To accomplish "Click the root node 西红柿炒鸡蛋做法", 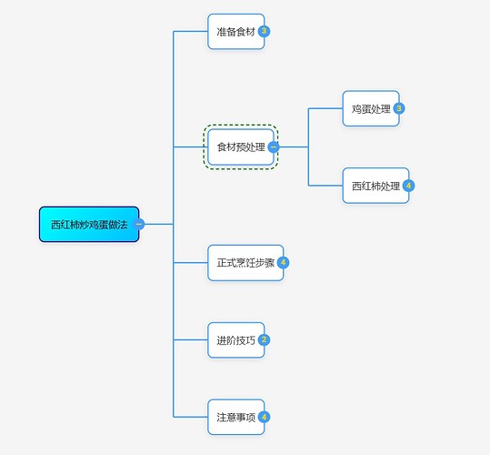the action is click(x=89, y=224).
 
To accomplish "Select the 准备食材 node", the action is click(x=236, y=31).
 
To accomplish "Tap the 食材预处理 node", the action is click(x=241, y=147).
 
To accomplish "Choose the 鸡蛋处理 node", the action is click(x=371, y=108).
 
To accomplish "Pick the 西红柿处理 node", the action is click(x=375, y=186).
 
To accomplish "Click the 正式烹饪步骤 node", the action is click(x=245, y=263).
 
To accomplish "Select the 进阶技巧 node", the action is click(x=236, y=340).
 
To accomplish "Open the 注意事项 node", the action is click(x=236, y=417).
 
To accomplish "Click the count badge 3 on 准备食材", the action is click(x=265, y=31).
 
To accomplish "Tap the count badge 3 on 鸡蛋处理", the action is click(x=399, y=108).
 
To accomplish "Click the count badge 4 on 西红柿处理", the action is click(x=409, y=186).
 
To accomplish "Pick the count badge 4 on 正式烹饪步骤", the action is click(x=284, y=263).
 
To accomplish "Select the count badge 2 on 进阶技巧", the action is click(x=265, y=340).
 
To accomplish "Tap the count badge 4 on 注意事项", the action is click(x=265, y=417).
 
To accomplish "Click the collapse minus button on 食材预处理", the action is click(x=274, y=147).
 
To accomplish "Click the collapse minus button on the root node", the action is click(x=139, y=224).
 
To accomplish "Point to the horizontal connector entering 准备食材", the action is click(x=190, y=31).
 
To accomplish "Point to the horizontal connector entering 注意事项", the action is click(x=190, y=417).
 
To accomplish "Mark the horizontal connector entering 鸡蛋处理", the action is click(x=325, y=108).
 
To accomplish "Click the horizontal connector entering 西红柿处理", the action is click(x=325, y=186).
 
